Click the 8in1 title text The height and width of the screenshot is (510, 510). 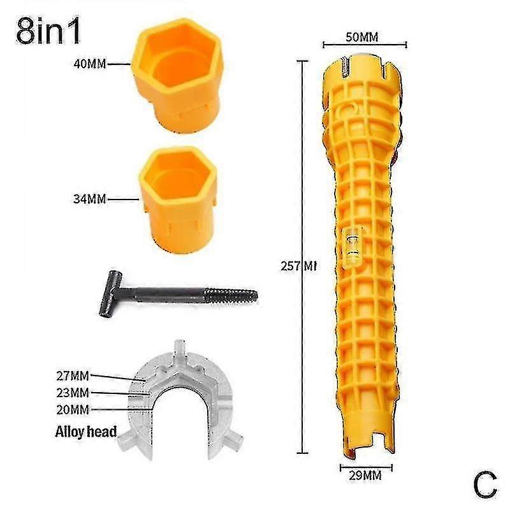click(x=50, y=32)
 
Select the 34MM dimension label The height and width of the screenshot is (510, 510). click(x=88, y=199)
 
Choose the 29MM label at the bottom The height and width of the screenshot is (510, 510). click(x=364, y=475)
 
